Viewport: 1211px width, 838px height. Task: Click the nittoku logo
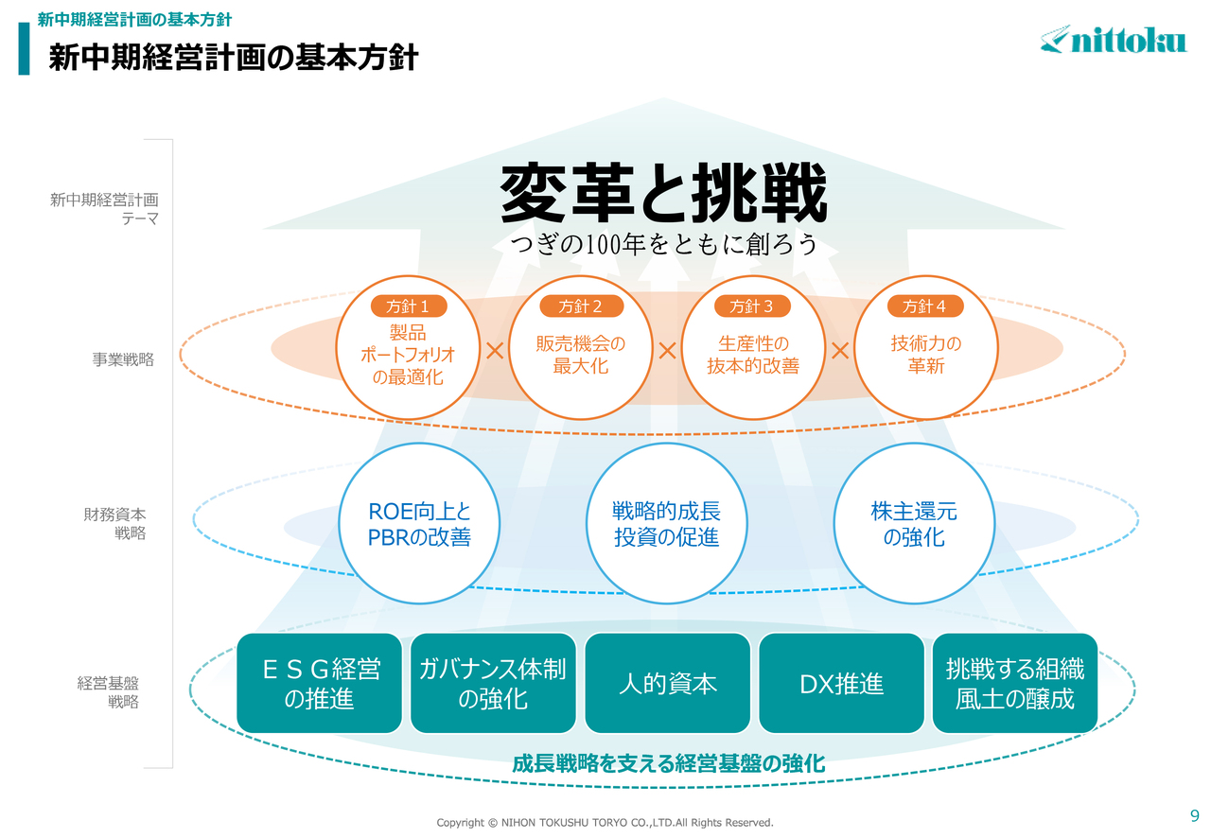coord(1114,40)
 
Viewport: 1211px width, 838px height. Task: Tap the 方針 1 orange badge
coord(409,306)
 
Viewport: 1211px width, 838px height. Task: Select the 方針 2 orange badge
coord(581,306)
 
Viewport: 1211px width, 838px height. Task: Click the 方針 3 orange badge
coord(752,306)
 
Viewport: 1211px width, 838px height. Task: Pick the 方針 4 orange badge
coord(925,306)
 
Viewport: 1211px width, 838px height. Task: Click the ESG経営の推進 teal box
coord(320,684)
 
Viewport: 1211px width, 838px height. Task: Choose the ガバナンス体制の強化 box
coord(493,684)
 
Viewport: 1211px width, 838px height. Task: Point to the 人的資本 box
coord(668,684)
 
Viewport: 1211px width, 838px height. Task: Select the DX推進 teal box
coord(842,684)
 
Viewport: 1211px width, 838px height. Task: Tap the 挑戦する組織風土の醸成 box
coord(1015,684)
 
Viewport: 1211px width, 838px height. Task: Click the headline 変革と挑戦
coord(664,193)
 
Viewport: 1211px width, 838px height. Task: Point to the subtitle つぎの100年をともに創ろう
coord(664,244)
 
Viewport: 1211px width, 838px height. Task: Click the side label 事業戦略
coord(123,359)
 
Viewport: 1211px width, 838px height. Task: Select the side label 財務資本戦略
coord(114,523)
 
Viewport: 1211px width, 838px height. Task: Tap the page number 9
coord(1195,815)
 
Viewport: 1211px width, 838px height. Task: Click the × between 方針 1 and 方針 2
coord(495,350)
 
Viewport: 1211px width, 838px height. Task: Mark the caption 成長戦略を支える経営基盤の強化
coord(669,764)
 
